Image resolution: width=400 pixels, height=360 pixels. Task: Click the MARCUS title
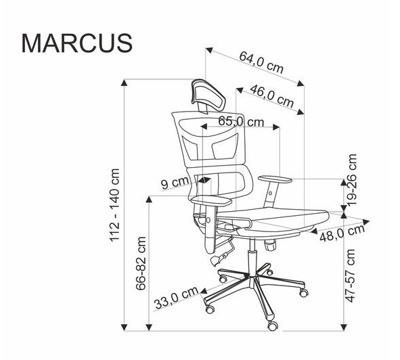pyautogui.click(x=77, y=43)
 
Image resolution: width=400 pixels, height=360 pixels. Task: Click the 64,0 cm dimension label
pyautogui.click(x=261, y=62)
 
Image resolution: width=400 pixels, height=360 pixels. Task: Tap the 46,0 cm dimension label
pyautogui.click(x=272, y=96)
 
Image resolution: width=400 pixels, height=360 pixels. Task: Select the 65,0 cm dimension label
pyautogui.click(x=241, y=122)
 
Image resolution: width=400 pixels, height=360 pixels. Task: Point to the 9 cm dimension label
pyautogui.click(x=175, y=183)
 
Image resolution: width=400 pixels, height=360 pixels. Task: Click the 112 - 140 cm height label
pyautogui.click(x=114, y=205)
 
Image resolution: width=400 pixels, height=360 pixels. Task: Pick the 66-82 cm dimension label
pyautogui.click(x=141, y=263)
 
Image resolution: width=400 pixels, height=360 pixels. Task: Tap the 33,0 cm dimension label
pyautogui.click(x=176, y=298)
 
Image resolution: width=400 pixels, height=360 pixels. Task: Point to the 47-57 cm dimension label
pyautogui.click(x=350, y=276)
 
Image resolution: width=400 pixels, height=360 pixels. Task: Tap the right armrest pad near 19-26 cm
pyautogui.click(x=275, y=179)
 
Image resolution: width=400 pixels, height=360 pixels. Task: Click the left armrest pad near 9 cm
pyautogui.click(x=211, y=201)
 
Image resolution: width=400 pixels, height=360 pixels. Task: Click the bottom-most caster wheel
pyautogui.click(x=273, y=325)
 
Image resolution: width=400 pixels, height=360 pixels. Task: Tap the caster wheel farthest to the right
pyautogui.click(x=304, y=293)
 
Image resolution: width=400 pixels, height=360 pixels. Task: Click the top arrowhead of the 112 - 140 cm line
pyautogui.click(x=125, y=83)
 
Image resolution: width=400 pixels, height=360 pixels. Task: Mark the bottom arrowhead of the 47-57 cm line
pyautogui.click(x=344, y=328)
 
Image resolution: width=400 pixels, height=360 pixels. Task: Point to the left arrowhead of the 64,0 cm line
pyautogui.click(x=209, y=50)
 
